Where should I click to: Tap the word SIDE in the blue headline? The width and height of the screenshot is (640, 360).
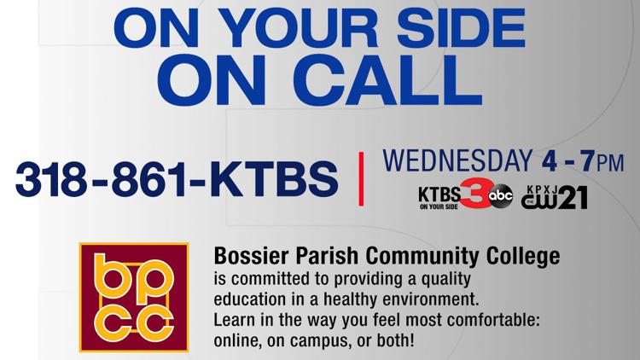[x=461, y=28]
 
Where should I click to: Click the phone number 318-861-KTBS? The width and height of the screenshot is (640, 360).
[x=177, y=179]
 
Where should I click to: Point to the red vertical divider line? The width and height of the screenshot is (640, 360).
[x=361, y=179]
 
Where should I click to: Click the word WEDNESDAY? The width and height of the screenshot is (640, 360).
[x=457, y=160]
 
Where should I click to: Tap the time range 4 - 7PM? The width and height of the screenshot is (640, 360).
[x=583, y=161]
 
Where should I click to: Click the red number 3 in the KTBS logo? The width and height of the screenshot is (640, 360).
[x=475, y=193]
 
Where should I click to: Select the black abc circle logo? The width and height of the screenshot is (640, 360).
[x=501, y=196]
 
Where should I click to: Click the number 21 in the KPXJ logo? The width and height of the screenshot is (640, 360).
[x=573, y=198]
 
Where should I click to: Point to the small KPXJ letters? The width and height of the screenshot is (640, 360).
[x=542, y=189]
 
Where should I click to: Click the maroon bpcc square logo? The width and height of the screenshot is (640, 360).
[x=134, y=297]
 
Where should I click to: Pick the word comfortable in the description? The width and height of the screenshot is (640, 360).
[x=493, y=320]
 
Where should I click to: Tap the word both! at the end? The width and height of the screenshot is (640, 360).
[x=395, y=340]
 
